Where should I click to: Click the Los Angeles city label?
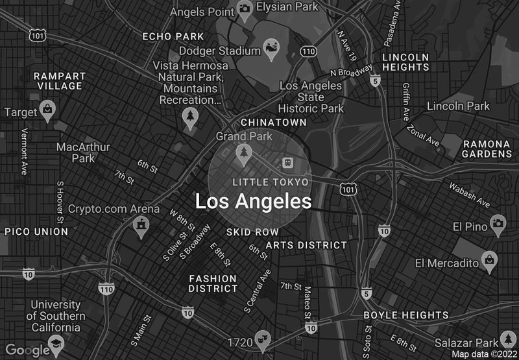tap(253, 201)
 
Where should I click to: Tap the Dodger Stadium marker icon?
tap(271, 48)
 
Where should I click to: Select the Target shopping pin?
tap(47, 110)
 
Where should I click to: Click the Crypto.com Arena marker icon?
tap(139, 225)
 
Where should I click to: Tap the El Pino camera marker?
tap(498, 224)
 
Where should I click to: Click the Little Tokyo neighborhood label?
tap(271, 182)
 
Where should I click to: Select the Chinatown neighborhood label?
tap(273, 122)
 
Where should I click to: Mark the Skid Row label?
tap(252, 232)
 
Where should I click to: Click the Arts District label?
tap(306, 245)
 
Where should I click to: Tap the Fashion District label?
tap(213, 283)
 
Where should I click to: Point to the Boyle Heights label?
tap(405, 315)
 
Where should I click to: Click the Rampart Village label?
tap(58, 80)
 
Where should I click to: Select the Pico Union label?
tap(36, 232)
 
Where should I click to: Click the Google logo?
tap(27, 350)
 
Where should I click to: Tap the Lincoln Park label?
tap(459, 106)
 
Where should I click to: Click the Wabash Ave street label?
tap(470, 194)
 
